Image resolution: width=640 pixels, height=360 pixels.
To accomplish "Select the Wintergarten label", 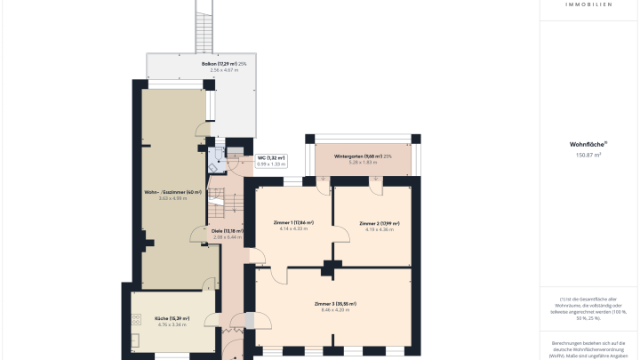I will pyautogui.click(x=362, y=156).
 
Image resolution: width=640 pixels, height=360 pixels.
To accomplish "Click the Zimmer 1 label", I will pyautogui.click(x=292, y=222).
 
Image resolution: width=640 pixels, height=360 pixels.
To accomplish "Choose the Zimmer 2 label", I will pyautogui.click(x=380, y=223).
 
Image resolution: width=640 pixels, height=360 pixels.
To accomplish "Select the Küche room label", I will pyautogui.click(x=172, y=318).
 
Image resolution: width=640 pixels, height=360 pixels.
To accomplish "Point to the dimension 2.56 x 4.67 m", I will pyautogui.click(x=199, y=70).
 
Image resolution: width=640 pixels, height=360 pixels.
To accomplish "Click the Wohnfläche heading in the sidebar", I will pyautogui.click(x=588, y=143).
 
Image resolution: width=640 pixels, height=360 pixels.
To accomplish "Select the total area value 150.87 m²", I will pyautogui.click(x=588, y=155).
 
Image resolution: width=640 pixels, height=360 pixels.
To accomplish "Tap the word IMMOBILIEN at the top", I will pyautogui.click(x=588, y=4).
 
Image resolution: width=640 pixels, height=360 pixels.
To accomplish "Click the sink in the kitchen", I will pyautogui.click(x=134, y=340).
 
